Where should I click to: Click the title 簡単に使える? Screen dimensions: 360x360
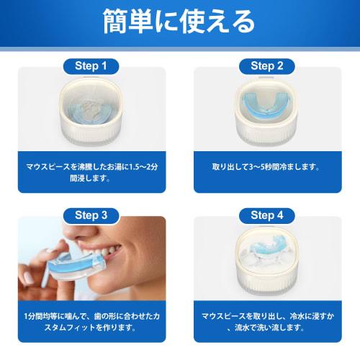tap(179, 22)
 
